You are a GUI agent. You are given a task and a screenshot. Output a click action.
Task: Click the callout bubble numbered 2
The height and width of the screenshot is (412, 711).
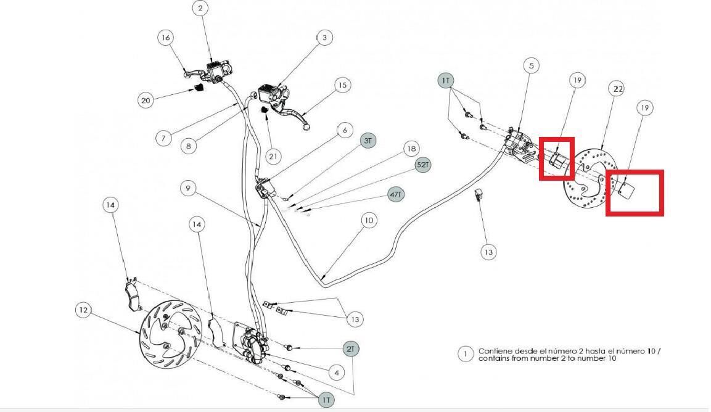(200, 8)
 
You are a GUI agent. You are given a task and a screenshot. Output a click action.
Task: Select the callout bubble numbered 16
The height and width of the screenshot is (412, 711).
(165, 38)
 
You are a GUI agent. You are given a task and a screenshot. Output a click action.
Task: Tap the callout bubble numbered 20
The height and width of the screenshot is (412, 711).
(146, 101)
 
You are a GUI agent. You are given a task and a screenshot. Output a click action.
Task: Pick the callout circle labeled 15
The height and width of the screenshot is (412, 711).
(342, 85)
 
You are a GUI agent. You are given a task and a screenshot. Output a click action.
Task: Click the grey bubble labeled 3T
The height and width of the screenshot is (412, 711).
(368, 141)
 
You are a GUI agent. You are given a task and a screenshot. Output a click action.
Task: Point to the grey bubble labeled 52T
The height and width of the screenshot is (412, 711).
(422, 165)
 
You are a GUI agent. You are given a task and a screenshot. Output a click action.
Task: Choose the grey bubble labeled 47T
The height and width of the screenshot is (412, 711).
(396, 195)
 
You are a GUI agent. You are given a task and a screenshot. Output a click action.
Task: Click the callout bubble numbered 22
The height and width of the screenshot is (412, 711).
(618, 89)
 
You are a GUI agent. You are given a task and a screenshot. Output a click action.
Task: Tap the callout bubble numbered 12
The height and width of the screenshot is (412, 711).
(83, 310)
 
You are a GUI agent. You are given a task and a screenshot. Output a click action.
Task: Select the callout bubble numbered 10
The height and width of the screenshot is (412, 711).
(369, 221)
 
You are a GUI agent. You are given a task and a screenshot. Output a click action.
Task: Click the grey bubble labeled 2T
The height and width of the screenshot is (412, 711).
(350, 349)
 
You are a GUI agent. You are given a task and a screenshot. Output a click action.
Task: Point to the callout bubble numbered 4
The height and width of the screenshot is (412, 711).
(337, 373)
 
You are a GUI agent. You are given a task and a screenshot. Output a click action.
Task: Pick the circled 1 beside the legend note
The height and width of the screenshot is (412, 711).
(465, 355)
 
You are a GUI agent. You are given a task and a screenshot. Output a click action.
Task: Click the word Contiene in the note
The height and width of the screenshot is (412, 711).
(495, 351)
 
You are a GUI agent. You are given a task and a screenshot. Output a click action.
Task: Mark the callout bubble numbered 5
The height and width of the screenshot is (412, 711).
(532, 66)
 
